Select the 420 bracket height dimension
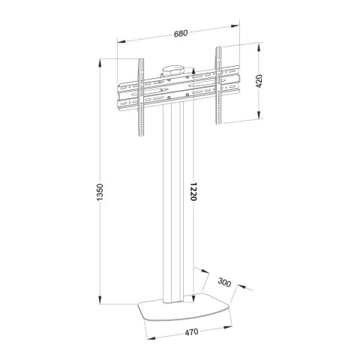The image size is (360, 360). pyautogui.click(x=259, y=81)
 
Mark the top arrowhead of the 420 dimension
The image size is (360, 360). pyautogui.click(x=260, y=47)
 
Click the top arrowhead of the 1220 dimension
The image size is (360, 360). pyautogui.click(x=194, y=74)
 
